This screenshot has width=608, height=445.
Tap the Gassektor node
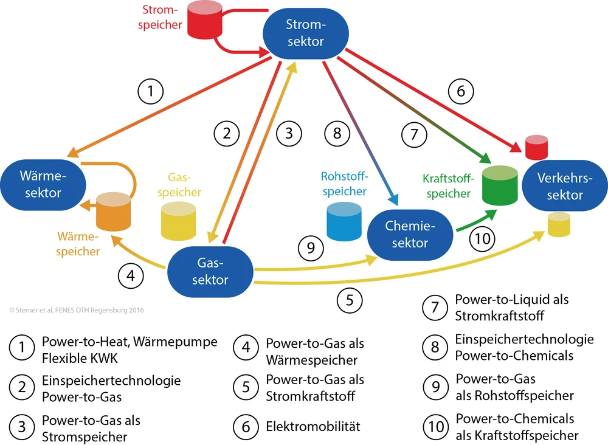coord(210,271)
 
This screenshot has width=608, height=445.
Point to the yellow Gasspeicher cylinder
coord(178,221)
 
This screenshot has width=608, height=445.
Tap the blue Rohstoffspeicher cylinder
coord(344,222)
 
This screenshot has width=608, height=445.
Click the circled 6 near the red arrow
coord(460,92)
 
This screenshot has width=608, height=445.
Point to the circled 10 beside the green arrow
coord(482,239)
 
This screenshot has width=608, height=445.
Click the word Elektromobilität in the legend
coord(313,427)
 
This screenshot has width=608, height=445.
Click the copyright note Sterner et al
coord(77,310)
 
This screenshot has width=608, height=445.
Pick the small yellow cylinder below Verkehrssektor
coord(559,224)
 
